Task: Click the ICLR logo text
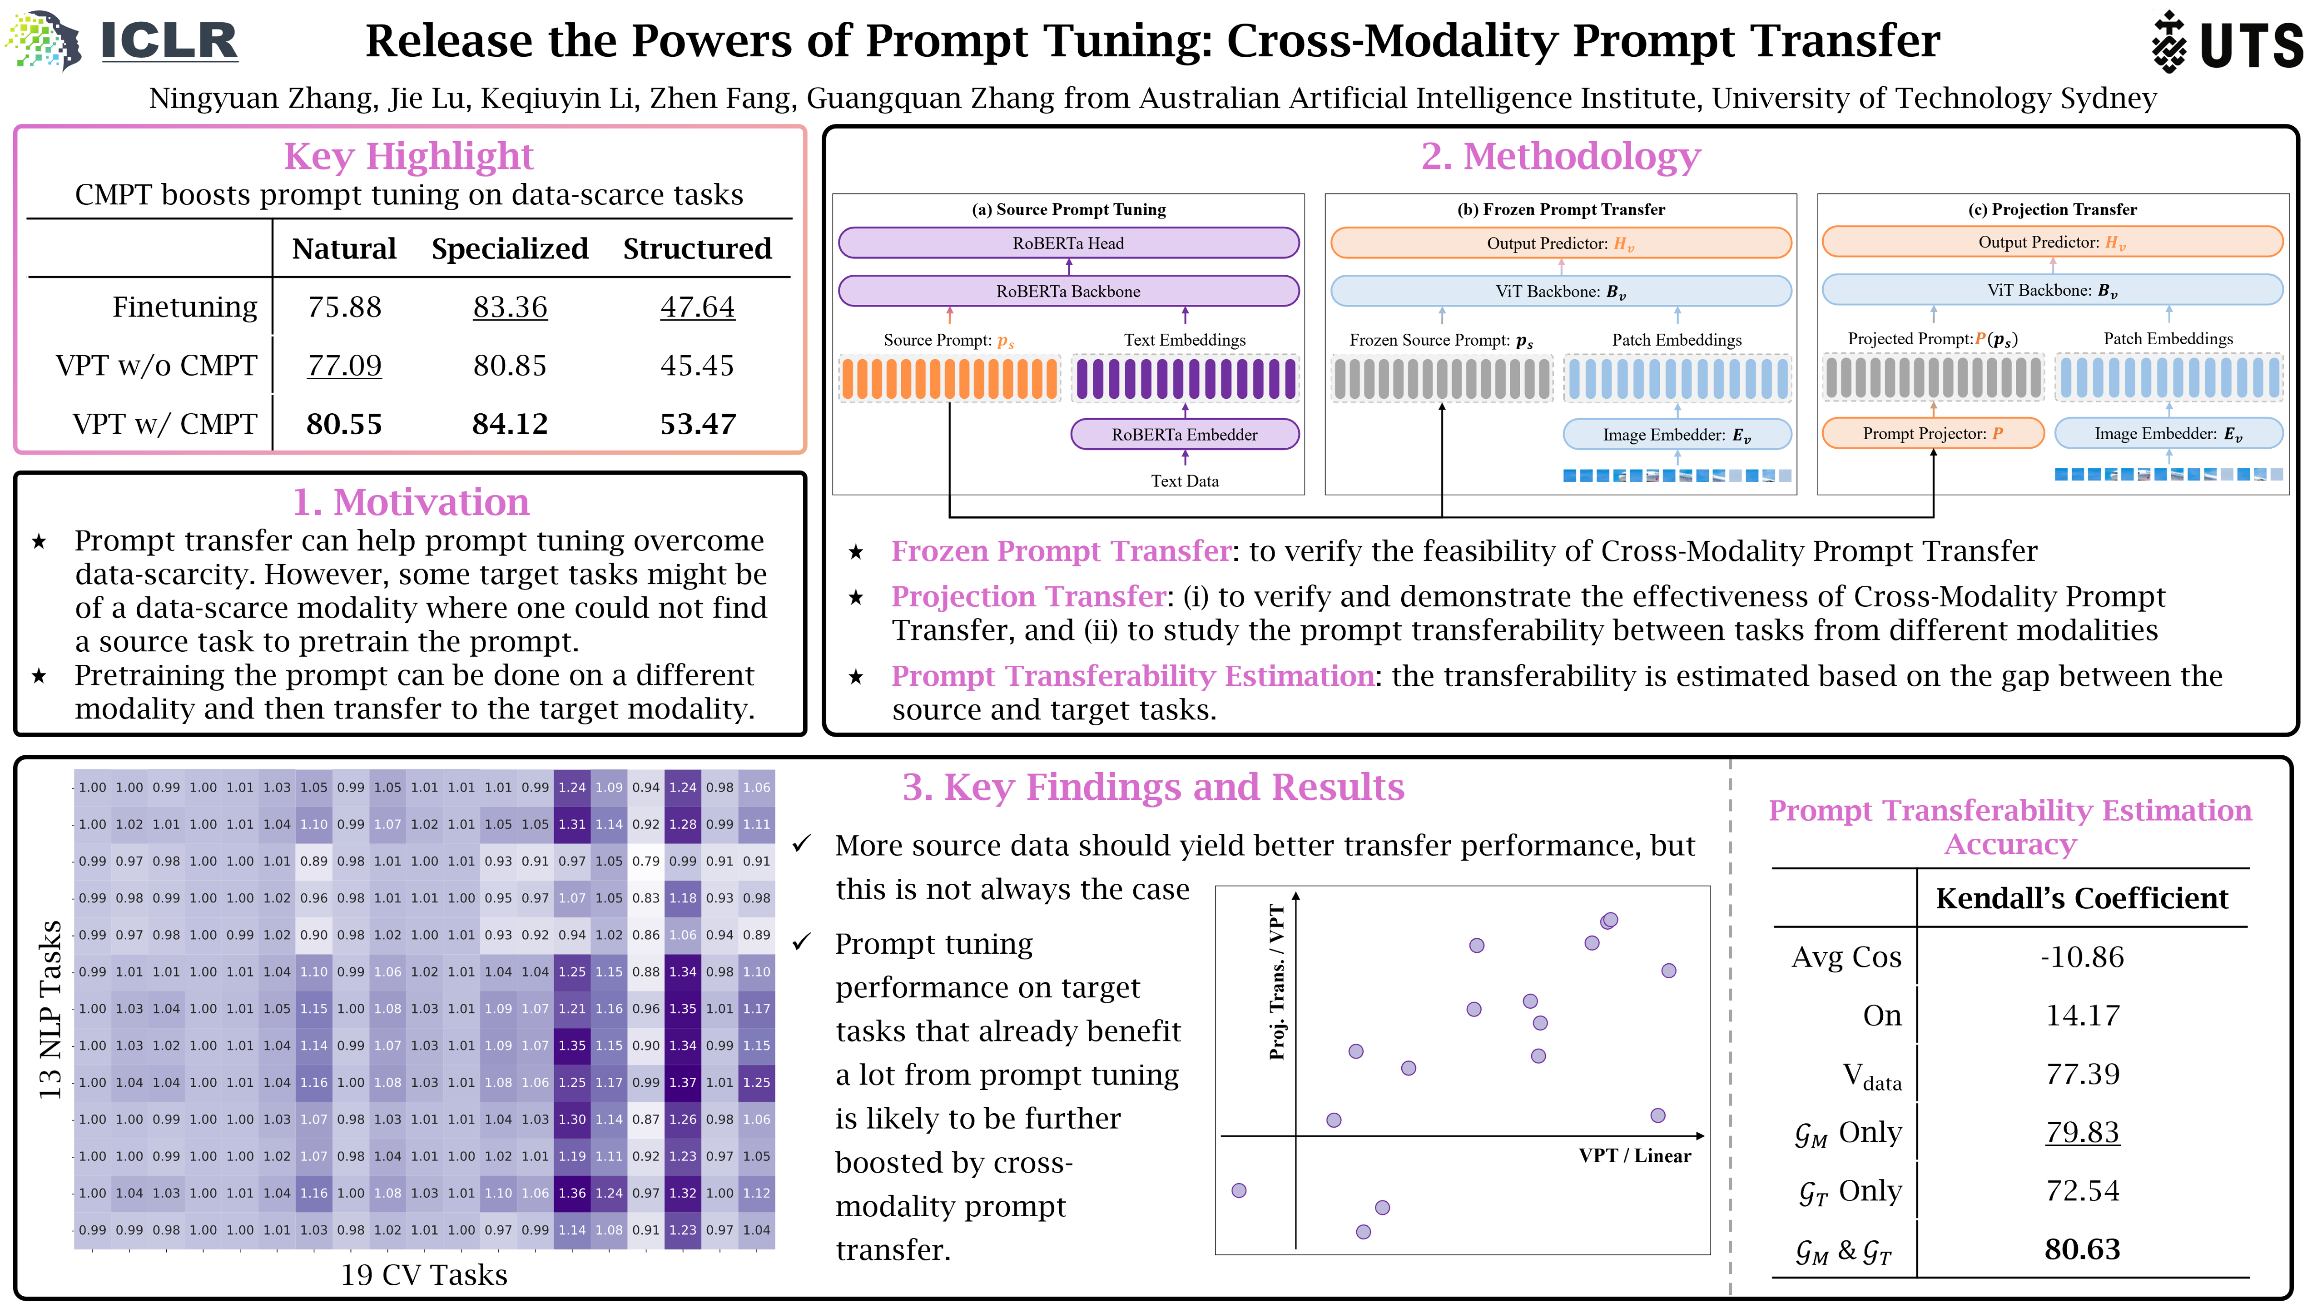pos(169,40)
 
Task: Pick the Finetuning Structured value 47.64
pos(697,307)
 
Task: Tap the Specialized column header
pos(509,249)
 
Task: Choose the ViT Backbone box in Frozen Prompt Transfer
pos(1560,291)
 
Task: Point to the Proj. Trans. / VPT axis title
pos(1276,982)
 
